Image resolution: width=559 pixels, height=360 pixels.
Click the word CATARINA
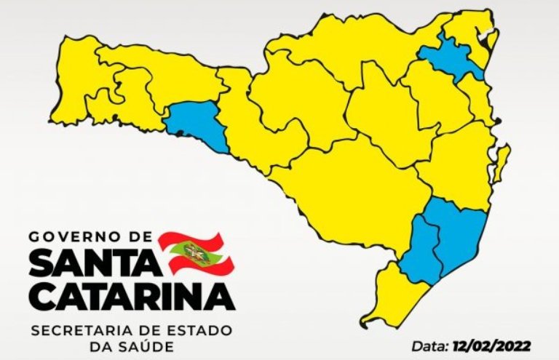[x=132, y=297]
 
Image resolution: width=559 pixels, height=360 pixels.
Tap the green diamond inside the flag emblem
[x=193, y=252]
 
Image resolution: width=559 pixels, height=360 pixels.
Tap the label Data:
[x=431, y=345]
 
